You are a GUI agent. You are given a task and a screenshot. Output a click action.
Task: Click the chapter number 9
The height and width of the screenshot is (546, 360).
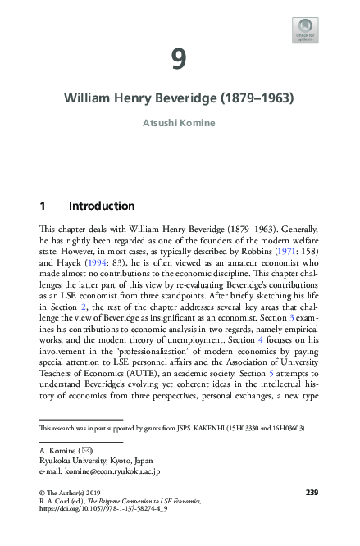180,58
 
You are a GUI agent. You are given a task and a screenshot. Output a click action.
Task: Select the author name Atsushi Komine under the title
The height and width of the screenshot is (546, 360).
180,125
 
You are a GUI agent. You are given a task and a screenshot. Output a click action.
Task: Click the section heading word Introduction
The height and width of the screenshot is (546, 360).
102,205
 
